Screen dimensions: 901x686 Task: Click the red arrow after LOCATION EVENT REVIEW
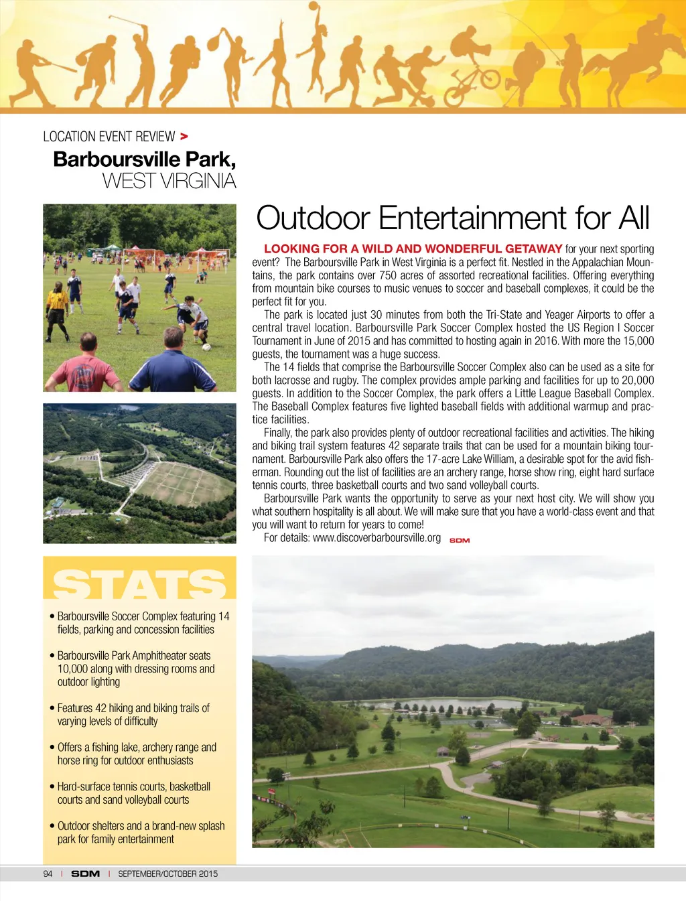coord(184,137)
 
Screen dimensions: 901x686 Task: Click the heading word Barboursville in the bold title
coord(117,159)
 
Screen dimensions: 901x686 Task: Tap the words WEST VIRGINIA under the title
coord(169,181)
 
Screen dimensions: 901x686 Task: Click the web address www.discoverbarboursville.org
coord(376,538)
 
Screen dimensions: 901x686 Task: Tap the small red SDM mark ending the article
coord(460,541)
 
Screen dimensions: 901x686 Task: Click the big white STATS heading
coord(139,584)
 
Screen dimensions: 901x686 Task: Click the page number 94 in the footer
coord(48,874)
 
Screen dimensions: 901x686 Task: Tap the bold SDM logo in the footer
coord(85,874)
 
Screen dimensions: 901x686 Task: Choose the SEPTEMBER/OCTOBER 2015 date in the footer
coord(167,874)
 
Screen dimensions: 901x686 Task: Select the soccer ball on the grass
coord(206,347)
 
